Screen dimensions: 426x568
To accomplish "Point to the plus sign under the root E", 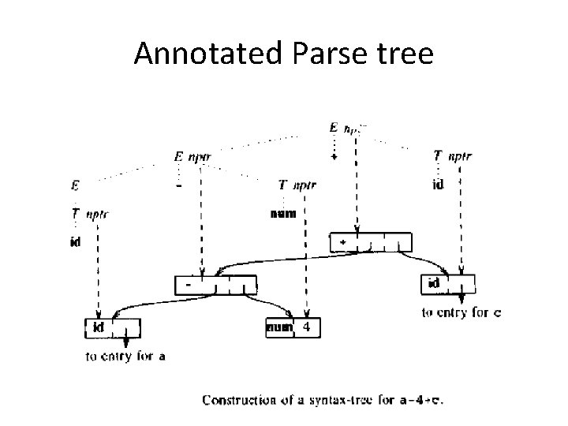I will tap(334, 157).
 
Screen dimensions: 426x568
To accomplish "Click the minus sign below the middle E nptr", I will tap(180, 188).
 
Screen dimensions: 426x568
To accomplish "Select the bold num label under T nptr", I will tap(282, 212).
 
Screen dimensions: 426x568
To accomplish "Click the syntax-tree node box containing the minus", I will tap(215, 284).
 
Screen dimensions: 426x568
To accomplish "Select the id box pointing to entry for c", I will tap(450, 284).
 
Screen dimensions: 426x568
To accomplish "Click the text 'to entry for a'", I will tap(125, 357).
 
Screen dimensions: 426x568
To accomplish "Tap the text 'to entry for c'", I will tap(460, 312).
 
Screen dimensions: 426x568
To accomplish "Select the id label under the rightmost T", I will tap(438, 186).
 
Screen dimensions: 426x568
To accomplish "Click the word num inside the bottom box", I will tap(278, 326).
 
